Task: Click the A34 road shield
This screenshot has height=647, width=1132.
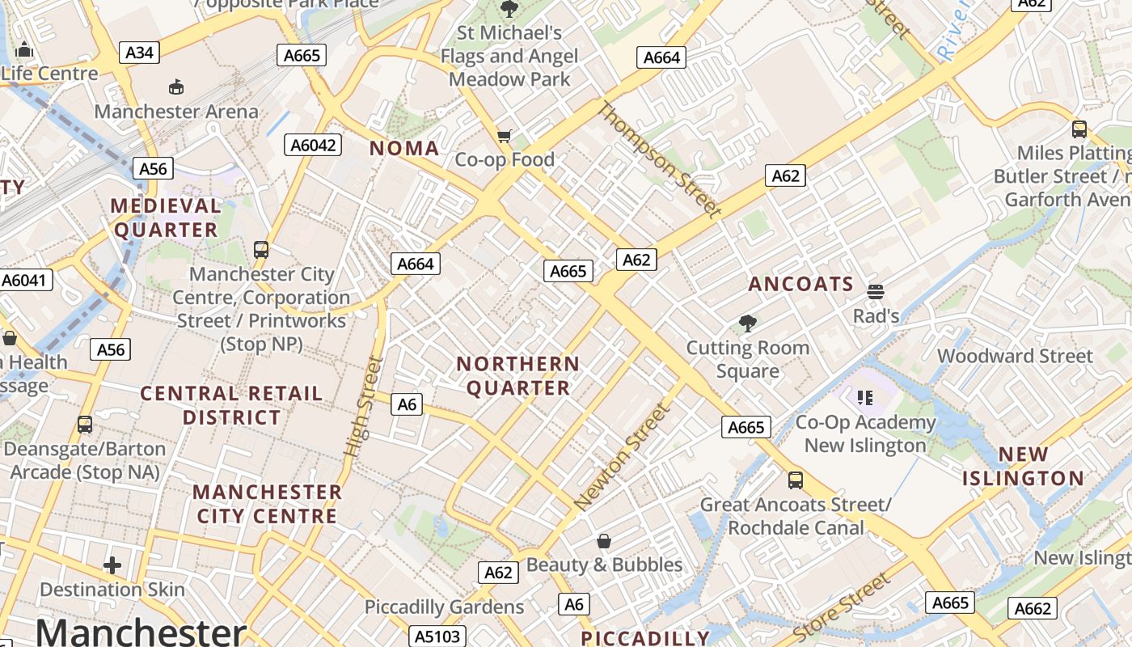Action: tap(140, 53)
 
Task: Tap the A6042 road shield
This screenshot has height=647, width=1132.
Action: tap(313, 146)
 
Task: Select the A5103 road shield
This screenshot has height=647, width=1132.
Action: tap(437, 636)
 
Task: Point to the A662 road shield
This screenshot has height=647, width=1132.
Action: tap(1033, 608)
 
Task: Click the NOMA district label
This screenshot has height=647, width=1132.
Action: tap(404, 148)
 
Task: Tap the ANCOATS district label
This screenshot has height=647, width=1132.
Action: tap(800, 284)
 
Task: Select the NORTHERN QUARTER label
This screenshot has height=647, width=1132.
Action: tap(518, 376)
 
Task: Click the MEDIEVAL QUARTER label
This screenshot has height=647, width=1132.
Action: tap(166, 218)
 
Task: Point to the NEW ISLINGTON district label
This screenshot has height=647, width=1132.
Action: tap(1023, 466)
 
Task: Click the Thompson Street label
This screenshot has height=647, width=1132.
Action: tap(659, 160)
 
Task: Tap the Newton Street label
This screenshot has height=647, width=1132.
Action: tap(623, 457)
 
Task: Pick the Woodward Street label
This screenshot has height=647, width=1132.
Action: tap(1015, 356)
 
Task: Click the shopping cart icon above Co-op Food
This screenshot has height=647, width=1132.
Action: tap(505, 137)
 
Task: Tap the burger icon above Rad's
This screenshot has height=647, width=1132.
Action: tap(876, 291)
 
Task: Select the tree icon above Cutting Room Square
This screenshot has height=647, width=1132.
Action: tap(748, 323)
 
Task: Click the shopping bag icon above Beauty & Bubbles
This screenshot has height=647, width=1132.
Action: tap(603, 540)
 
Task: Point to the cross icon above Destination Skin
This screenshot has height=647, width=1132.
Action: tap(112, 565)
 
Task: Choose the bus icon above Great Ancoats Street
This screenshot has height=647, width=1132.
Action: tap(796, 480)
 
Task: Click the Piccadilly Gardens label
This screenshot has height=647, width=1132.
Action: tap(444, 607)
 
